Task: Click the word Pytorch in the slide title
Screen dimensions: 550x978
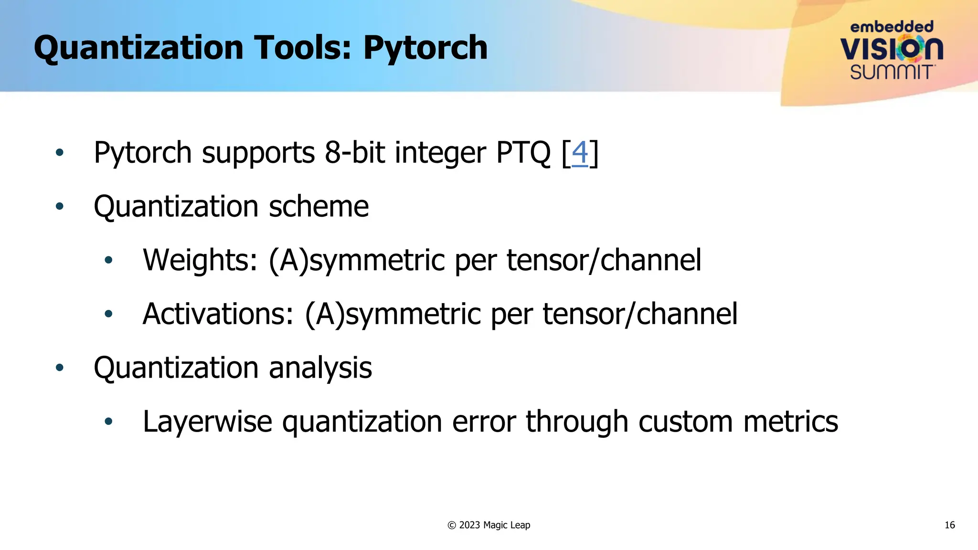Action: pyautogui.click(x=425, y=49)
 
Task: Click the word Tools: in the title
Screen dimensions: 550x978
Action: pyautogui.click(x=303, y=48)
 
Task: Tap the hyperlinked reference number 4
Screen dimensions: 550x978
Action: pyautogui.click(x=580, y=153)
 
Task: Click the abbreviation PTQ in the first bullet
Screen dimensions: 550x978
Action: pyautogui.click(x=523, y=153)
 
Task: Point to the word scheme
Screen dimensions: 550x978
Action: pyautogui.click(x=319, y=207)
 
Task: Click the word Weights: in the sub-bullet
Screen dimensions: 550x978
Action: pyautogui.click(x=200, y=260)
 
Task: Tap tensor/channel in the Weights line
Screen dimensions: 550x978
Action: pyautogui.click(x=604, y=260)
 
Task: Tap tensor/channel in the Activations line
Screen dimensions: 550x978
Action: pyautogui.click(x=640, y=314)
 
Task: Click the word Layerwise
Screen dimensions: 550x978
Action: pyautogui.click(x=207, y=422)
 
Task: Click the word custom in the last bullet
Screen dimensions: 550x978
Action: pyautogui.click(x=685, y=422)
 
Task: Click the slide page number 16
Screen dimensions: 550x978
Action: pyautogui.click(x=949, y=525)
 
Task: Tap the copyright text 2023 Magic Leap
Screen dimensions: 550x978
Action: pyautogui.click(x=494, y=525)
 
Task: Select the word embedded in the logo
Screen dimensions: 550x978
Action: pyautogui.click(x=892, y=27)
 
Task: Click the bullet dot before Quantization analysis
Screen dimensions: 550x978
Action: pyautogui.click(x=59, y=368)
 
